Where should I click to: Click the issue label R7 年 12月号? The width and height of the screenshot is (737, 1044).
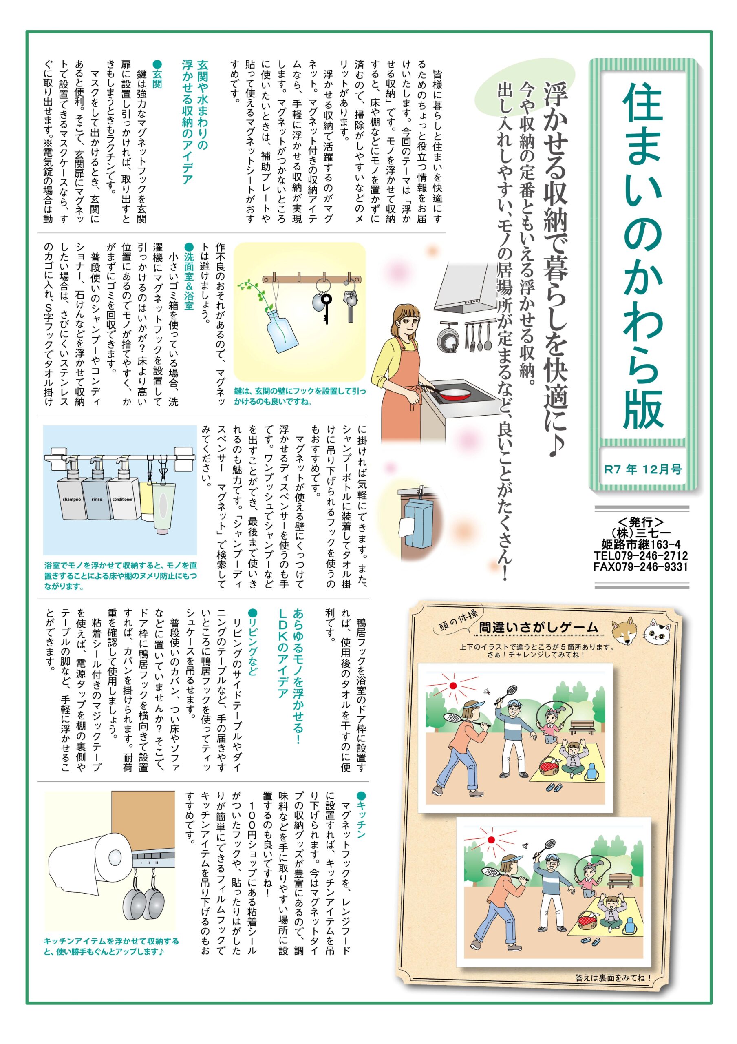(x=643, y=469)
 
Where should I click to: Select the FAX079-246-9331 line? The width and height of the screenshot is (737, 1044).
(x=641, y=567)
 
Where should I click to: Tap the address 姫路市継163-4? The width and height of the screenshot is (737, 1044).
(x=641, y=544)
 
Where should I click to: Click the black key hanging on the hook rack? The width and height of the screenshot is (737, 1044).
(x=325, y=306)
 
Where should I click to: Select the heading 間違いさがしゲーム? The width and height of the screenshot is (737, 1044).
(x=538, y=628)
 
